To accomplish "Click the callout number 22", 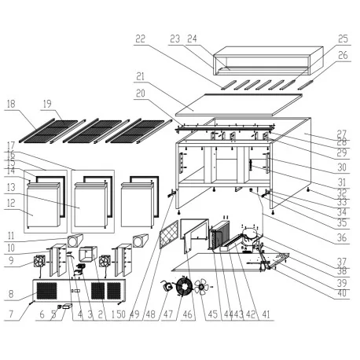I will tap(140, 38).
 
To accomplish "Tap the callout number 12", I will tap(11, 203).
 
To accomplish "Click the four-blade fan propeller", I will tap(203, 287).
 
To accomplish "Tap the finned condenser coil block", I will tap(219, 233).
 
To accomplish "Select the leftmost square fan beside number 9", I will tap(41, 263).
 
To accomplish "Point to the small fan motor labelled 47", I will tap(167, 288).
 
